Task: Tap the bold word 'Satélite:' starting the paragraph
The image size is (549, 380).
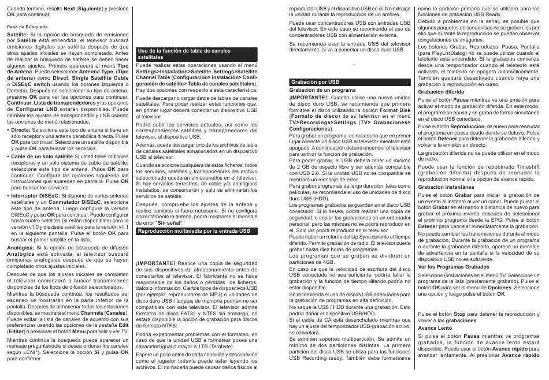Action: [17, 35]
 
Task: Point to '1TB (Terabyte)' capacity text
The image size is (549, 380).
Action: [206, 346]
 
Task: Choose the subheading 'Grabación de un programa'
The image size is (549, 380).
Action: [322, 91]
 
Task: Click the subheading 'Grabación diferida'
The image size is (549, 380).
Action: [440, 91]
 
